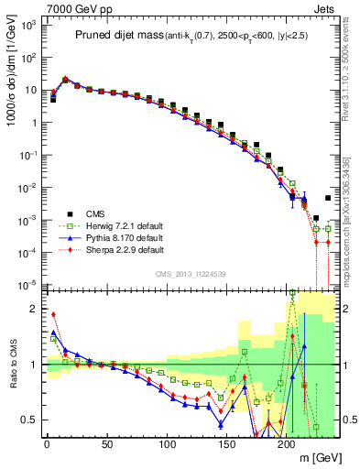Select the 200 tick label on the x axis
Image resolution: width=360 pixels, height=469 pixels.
(287, 444)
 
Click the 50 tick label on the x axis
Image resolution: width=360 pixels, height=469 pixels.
(106, 444)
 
